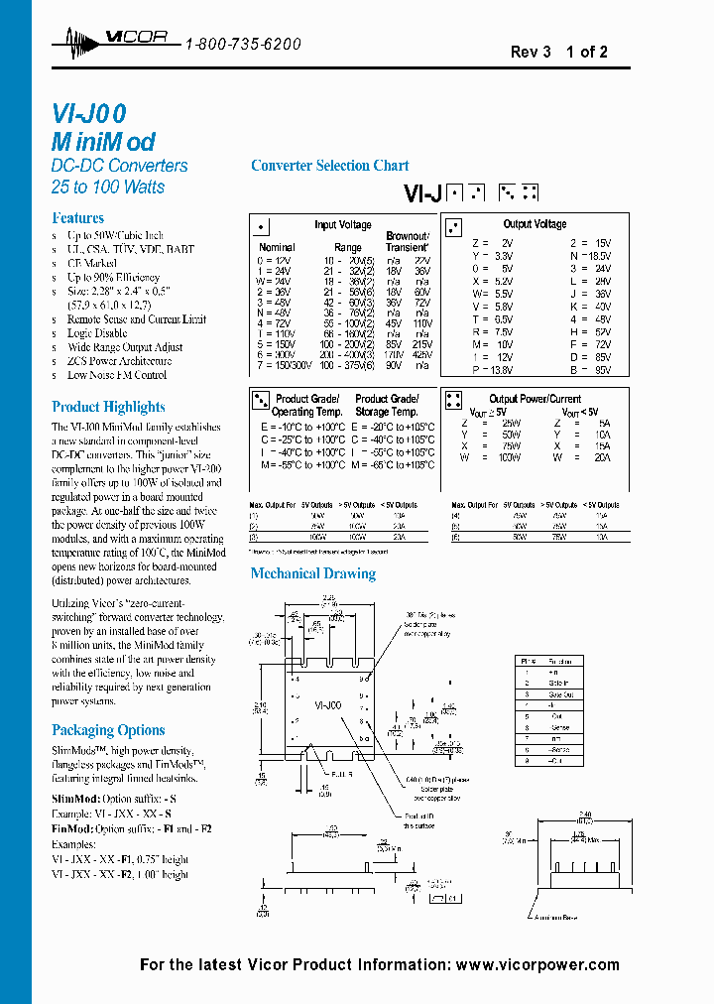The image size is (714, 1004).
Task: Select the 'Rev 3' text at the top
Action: (x=531, y=52)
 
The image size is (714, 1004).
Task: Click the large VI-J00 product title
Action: (x=88, y=114)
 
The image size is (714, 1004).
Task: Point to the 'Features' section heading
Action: (x=77, y=217)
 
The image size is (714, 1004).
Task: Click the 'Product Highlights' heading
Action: (x=108, y=407)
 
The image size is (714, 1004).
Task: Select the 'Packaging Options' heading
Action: (x=108, y=730)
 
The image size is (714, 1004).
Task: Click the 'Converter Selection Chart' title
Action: (x=329, y=166)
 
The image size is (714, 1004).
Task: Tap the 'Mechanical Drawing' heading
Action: (x=312, y=573)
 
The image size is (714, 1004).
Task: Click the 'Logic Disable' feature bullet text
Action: (x=97, y=333)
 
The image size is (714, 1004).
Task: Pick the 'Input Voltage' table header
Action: (x=343, y=225)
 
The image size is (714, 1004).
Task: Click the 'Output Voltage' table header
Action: (x=535, y=224)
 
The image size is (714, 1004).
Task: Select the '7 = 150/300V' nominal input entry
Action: (x=282, y=366)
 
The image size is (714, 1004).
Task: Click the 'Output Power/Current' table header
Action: (x=535, y=399)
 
